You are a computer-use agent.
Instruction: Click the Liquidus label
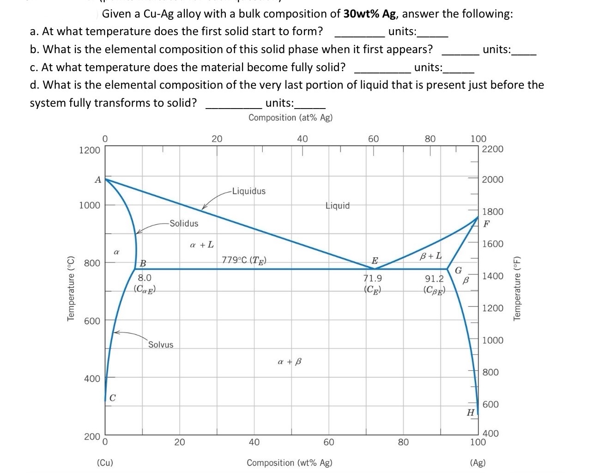coord(249,191)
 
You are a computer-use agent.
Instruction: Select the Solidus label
coord(184,224)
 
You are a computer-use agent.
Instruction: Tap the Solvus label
coord(161,345)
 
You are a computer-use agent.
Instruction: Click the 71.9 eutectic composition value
coord(373,278)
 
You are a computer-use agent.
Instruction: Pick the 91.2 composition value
coord(434,279)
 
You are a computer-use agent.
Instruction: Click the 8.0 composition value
coord(145,278)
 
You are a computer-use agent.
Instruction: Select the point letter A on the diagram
coord(97,180)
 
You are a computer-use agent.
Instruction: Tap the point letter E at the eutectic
coord(375,261)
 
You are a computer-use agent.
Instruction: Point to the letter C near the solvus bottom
coord(113,399)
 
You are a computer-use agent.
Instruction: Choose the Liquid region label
coord(338,206)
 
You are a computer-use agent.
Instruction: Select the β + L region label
coord(430,255)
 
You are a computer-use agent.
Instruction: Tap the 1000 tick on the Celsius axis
coord(90,205)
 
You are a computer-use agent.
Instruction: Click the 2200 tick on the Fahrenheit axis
coord(492,149)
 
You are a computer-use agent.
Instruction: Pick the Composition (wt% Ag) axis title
coord(290,462)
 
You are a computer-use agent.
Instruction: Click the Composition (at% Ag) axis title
coord(290,117)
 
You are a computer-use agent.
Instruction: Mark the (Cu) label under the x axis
coord(105,462)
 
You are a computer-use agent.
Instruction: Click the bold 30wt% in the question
coord(362,14)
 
